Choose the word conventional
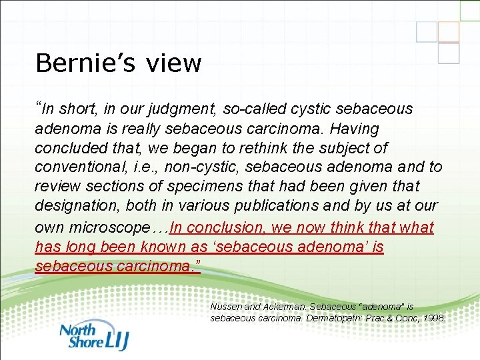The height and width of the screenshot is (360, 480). tap(83, 167)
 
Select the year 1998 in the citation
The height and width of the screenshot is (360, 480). tap(433, 318)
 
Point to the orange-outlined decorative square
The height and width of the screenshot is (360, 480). tap(449, 31)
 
